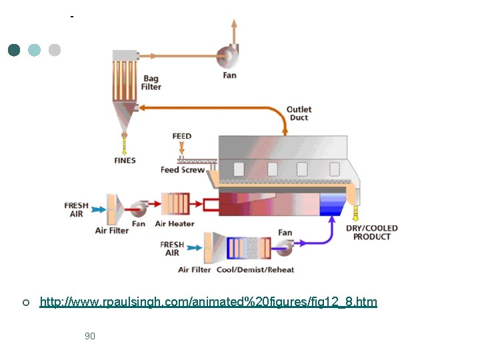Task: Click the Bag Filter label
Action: pyautogui.click(x=151, y=83)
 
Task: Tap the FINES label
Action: pyautogui.click(x=125, y=161)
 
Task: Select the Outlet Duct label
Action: pyautogui.click(x=299, y=113)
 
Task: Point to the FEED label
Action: pyautogui.click(x=182, y=136)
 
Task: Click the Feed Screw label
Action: pyautogui.click(x=183, y=170)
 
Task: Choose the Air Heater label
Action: pyautogui.click(x=175, y=224)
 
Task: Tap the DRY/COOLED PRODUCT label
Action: pyautogui.click(x=371, y=233)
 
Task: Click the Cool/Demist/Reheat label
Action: pyautogui.click(x=254, y=269)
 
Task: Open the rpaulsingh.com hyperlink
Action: pyautogui.click(x=208, y=302)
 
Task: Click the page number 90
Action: pyautogui.click(x=90, y=336)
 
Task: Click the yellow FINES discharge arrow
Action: pyautogui.click(x=124, y=143)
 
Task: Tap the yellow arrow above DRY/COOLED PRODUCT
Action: pyautogui.click(x=355, y=213)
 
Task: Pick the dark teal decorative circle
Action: pyautogui.click(x=14, y=50)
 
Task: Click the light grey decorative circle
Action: pyautogui.click(x=55, y=50)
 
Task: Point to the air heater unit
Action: pyautogui.click(x=175, y=204)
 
